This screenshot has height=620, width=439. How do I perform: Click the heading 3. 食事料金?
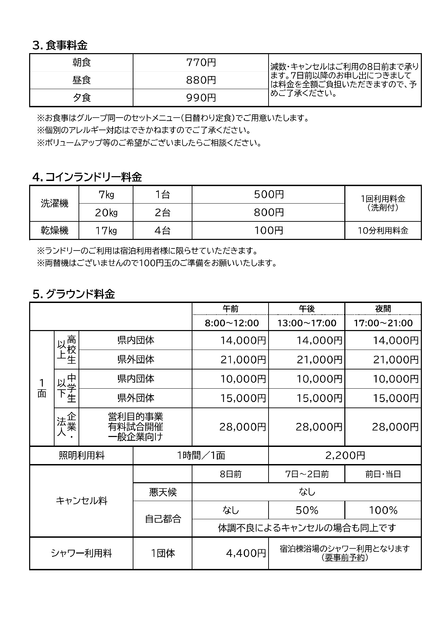click(60, 45)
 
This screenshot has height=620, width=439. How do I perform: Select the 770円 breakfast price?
click(201, 63)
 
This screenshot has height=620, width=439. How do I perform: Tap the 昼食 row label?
click(82, 80)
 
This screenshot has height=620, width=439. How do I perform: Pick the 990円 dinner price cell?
click(201, 98)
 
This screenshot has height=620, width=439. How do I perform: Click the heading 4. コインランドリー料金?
click(87, 177)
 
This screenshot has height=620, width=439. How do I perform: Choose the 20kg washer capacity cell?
click(106, 213)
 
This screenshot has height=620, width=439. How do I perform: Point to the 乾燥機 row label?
click(55, 230)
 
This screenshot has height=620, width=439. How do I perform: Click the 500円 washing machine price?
click(269, 195)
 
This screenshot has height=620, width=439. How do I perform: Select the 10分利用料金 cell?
click(383, 231)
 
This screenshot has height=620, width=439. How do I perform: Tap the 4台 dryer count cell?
click(162, 230)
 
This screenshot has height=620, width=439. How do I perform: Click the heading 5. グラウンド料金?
click(74, 294)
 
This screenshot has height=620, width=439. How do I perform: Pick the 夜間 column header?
click(383, 309)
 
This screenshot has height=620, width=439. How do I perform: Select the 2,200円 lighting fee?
click(345, 455)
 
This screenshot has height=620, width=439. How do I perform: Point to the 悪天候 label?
click(163, 493)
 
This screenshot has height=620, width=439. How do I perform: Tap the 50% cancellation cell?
click(307, 510)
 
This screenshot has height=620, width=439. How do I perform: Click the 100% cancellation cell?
click(383, 510)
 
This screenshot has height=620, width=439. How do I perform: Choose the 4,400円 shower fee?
click(246, 553)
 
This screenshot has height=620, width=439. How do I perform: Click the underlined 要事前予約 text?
click(345, 558)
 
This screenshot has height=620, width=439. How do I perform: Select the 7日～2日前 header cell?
click(307, 474)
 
